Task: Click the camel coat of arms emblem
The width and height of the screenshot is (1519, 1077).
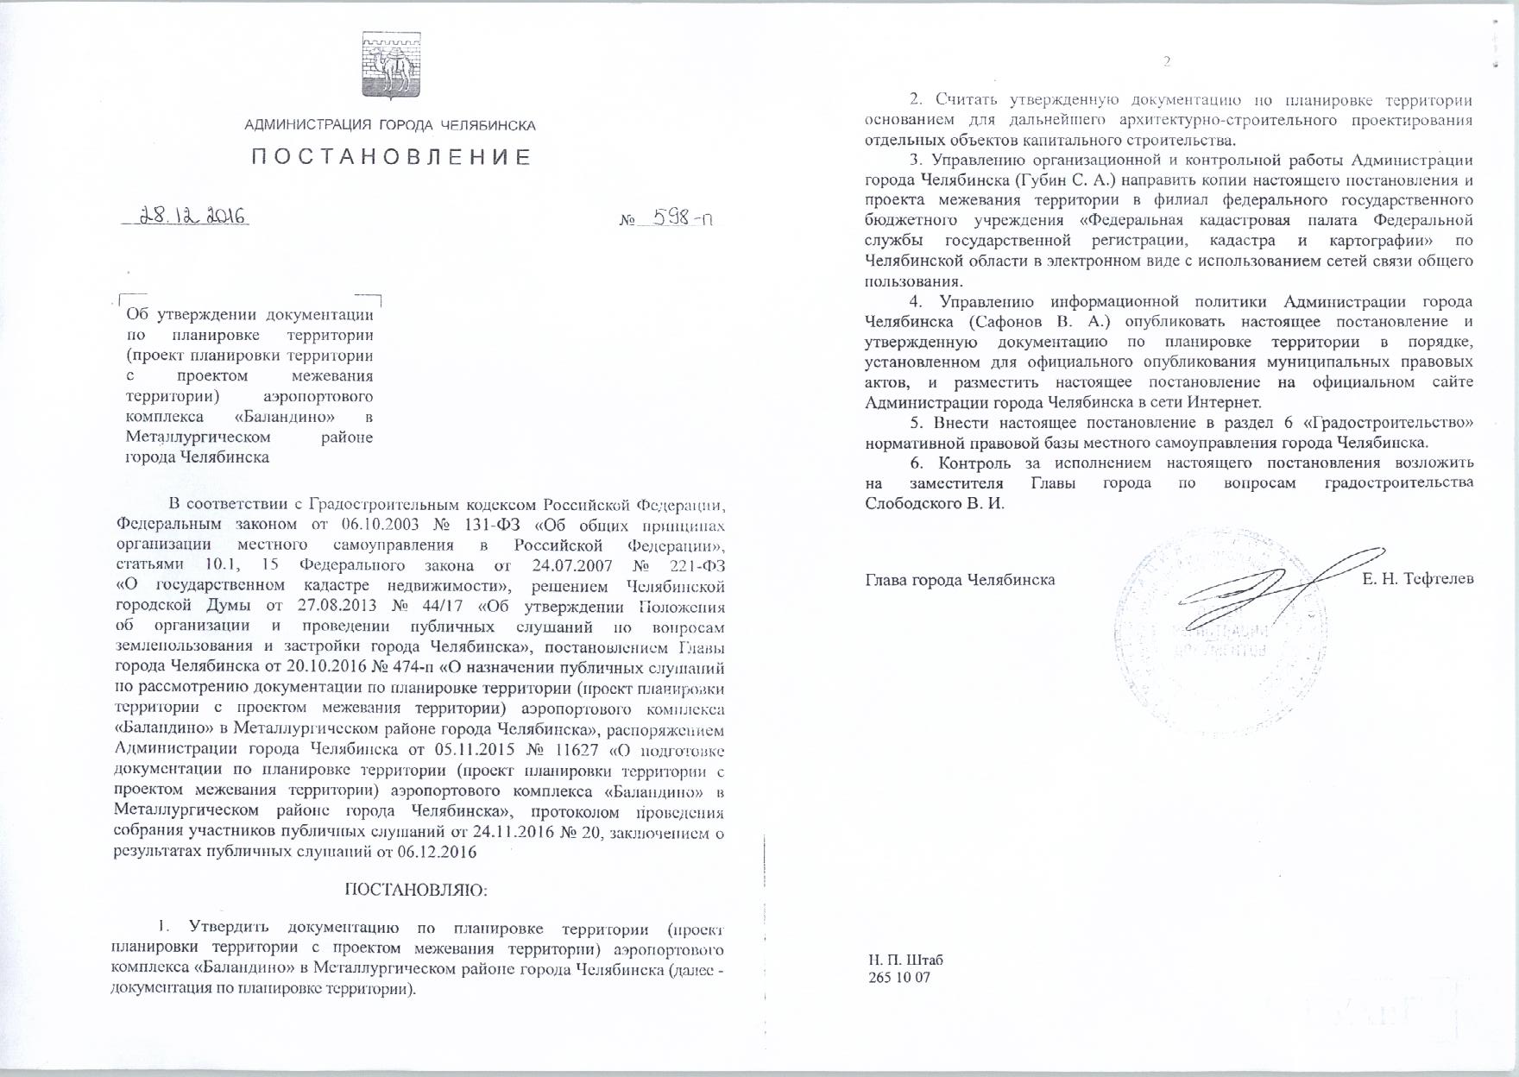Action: point(389,62)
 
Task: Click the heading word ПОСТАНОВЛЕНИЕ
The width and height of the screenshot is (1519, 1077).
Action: point(391,157)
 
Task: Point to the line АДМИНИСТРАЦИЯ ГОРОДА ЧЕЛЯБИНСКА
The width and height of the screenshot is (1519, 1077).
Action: point(390,125)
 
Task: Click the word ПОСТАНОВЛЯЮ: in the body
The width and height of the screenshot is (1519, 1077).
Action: point(416,889)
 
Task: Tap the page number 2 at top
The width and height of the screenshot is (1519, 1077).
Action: point(1167,61)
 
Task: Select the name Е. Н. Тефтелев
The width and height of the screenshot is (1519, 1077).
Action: point(1417,578)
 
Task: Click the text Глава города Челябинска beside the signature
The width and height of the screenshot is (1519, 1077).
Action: point(960,579)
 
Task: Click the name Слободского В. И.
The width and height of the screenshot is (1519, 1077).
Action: point(935,503)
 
